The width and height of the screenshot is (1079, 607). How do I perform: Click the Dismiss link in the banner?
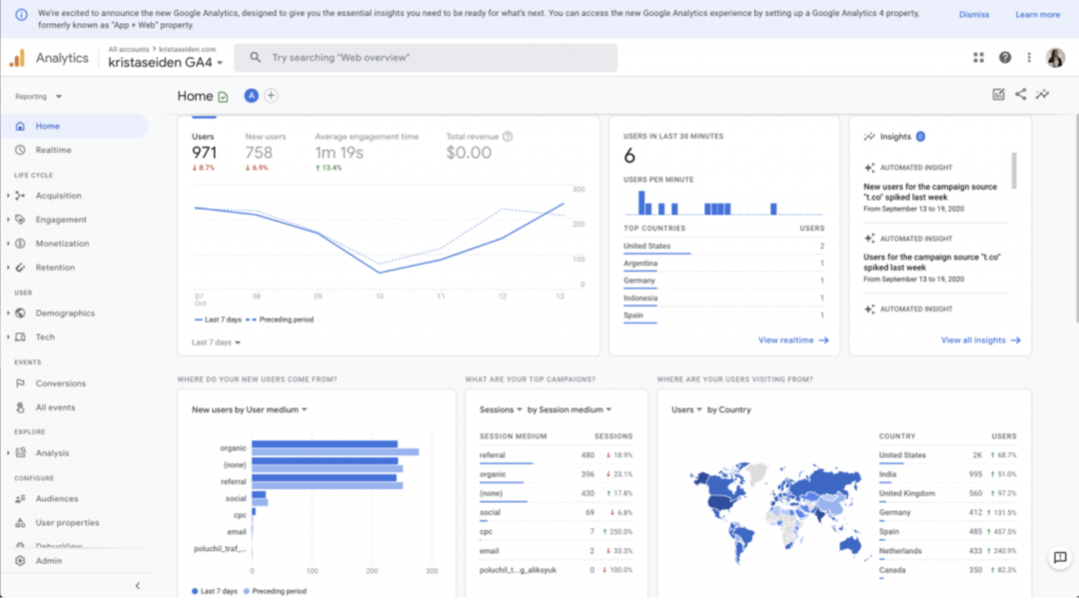[973, 15]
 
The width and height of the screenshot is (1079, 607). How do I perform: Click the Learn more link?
[1037, 15]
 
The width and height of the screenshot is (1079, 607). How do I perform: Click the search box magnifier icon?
[256, 58]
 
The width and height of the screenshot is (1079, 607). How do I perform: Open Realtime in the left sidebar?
[53, 150]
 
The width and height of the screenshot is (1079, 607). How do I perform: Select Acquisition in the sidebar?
[58, 196]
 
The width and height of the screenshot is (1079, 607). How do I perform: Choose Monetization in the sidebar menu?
[62, 244]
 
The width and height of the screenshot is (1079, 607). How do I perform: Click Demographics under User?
[65, 313]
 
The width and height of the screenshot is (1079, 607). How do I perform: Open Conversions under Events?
[60, 383]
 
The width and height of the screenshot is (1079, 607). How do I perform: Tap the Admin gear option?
[48, 561]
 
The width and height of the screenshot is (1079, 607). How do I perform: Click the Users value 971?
[204, 153]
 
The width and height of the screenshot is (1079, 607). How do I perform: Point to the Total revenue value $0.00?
[469, 153]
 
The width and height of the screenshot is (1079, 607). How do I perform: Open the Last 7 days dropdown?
[216, 342]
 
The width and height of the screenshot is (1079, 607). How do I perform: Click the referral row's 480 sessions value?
[587, 455]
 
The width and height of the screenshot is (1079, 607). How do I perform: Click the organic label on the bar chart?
[233, 448]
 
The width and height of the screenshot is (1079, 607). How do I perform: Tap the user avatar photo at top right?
[1055, 58]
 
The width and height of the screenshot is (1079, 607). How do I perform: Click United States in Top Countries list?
[647, 246]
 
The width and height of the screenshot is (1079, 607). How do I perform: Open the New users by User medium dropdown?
[250, 409]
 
